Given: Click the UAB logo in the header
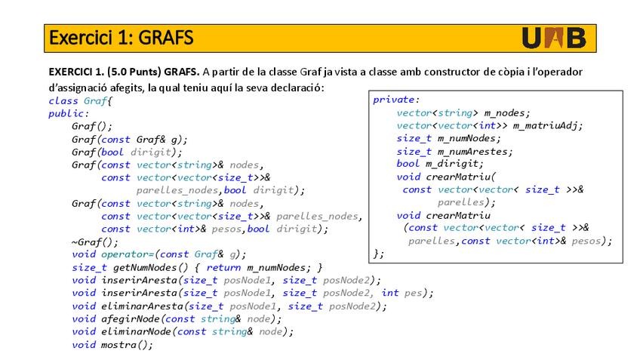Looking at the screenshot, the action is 553,38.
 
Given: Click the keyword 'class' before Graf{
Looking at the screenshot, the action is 63,100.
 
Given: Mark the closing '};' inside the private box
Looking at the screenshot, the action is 379,254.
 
